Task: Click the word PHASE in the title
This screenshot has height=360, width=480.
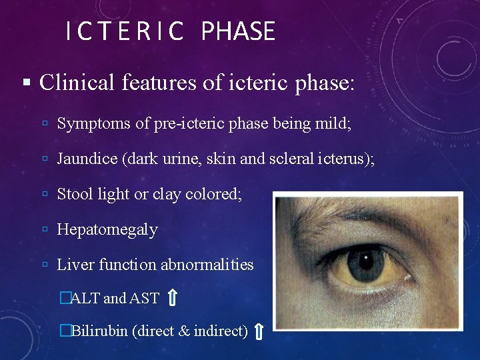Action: (237, 31)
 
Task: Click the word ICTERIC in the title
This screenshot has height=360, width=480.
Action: (124, 31)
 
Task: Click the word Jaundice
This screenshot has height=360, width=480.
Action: (85, 159)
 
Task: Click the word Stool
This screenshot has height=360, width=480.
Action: (75, 194)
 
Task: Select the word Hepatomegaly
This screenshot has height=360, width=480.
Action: (107, 230)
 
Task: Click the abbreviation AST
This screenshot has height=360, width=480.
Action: (145, 298)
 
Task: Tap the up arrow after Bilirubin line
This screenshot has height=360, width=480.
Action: (259, 331)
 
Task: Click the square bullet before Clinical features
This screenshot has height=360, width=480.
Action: (26, 83)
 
